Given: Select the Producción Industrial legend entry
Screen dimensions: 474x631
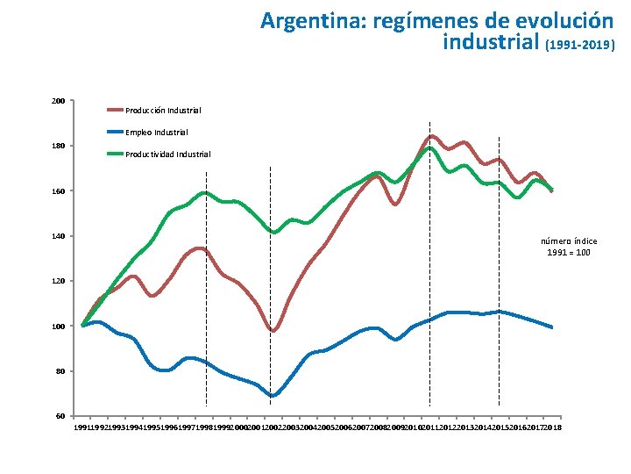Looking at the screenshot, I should coord(163,111).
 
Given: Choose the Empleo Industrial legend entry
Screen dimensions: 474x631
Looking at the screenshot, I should coord(156,133).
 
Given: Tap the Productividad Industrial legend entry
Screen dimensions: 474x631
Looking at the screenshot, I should coord(167,154).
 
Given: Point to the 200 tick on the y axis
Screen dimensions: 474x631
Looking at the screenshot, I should coord(58,101).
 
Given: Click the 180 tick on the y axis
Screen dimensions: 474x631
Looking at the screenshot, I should coord(58,146).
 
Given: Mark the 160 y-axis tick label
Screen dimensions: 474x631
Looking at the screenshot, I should coord(58,191).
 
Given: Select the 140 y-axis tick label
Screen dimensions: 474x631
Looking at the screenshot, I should coord(58,236).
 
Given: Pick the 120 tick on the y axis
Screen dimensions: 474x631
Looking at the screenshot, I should coord(58,281).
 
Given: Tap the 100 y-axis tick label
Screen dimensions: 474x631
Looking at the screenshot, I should coord(58,327).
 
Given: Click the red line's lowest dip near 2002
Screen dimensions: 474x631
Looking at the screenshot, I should coord(273,331).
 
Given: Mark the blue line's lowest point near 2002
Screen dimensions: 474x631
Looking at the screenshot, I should coord(273,396).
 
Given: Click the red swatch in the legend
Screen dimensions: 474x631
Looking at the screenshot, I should coord(115,110).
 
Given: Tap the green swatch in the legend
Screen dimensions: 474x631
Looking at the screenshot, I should coord(115,154).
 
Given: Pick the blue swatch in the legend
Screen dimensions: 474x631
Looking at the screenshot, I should coord(115,132).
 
